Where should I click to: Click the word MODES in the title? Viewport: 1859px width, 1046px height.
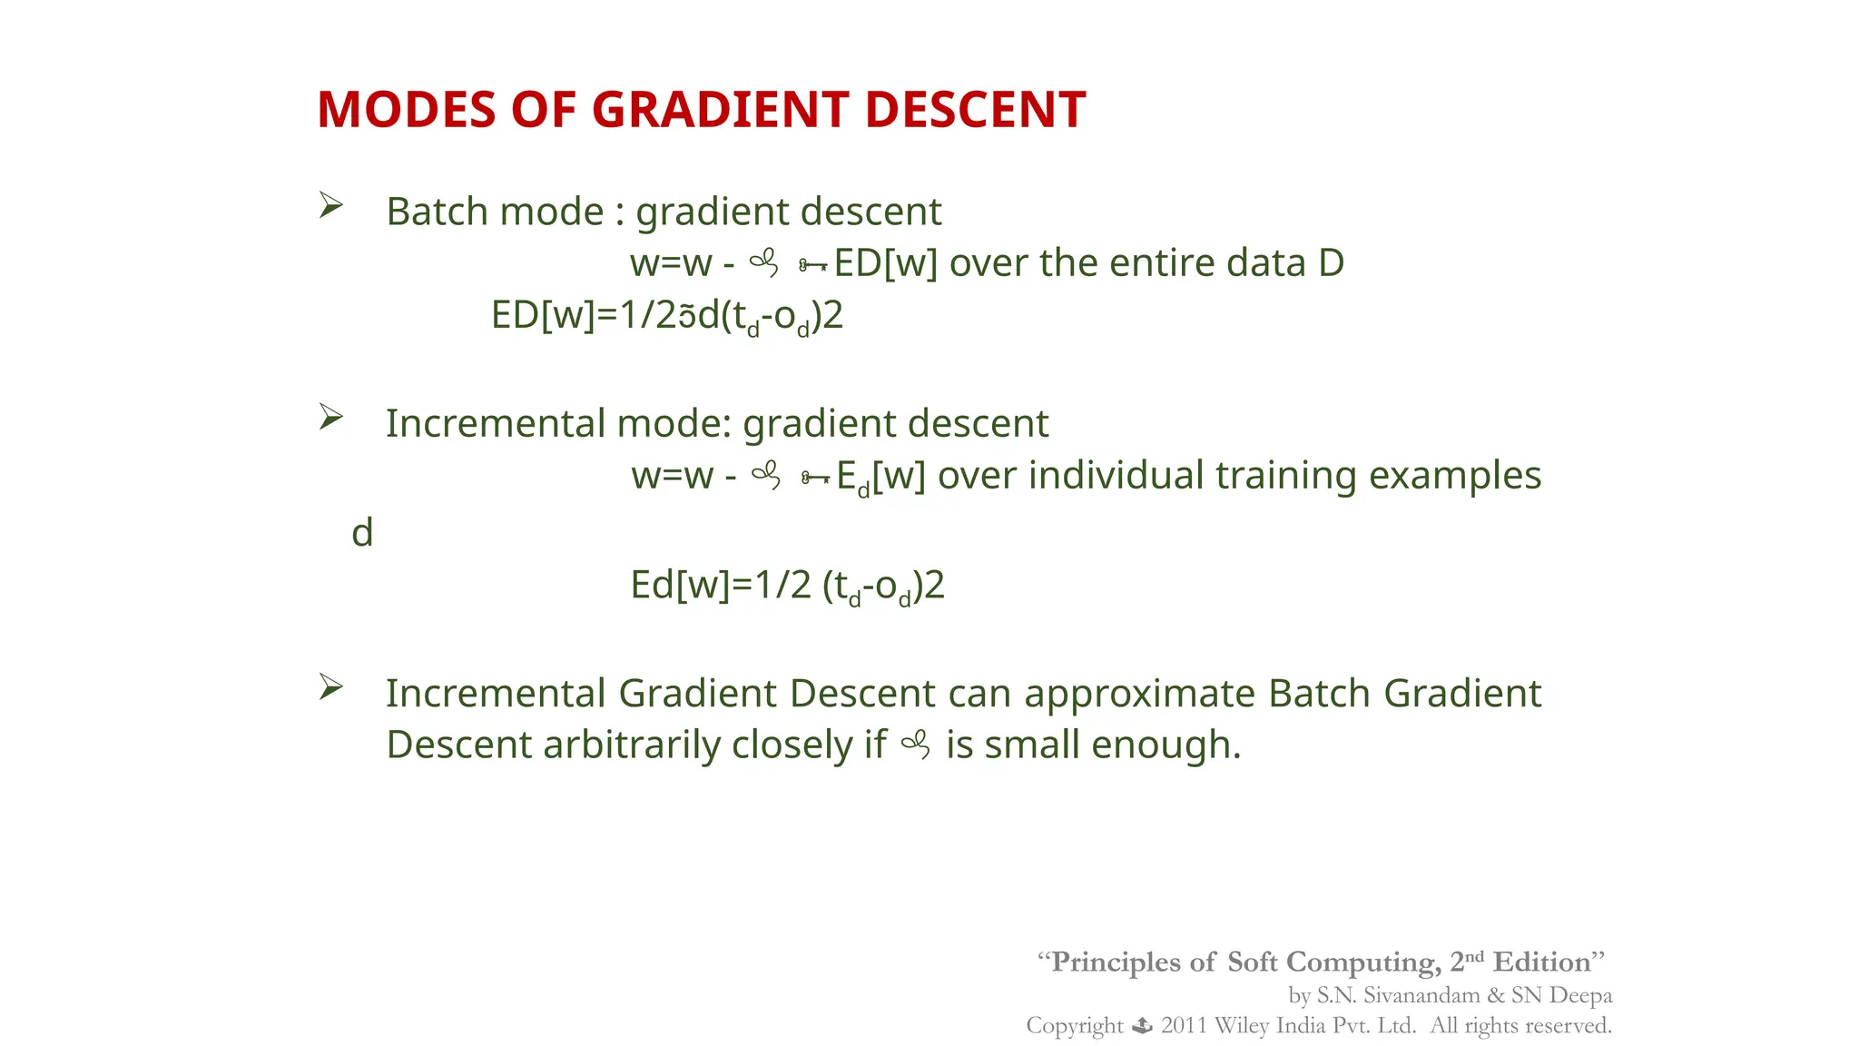pos(406,110)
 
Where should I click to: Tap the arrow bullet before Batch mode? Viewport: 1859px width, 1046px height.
pos(330,206)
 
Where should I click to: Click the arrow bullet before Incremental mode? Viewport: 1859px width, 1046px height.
pos(330,418)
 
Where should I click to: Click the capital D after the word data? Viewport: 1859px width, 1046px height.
pos(1330,263)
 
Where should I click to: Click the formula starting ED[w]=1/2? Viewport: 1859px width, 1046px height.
pos(667,316)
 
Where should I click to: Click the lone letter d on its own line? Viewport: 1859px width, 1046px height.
pos(362,532)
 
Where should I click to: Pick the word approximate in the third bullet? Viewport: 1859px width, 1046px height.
pos(1139,694)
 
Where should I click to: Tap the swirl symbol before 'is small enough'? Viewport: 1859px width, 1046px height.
pos(915,745)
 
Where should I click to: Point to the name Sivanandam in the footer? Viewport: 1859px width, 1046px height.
pos(1421,995)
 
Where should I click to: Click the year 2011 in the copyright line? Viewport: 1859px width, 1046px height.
pos(1184,1026)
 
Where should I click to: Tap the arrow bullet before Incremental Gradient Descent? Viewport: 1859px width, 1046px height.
pos(330,687)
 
